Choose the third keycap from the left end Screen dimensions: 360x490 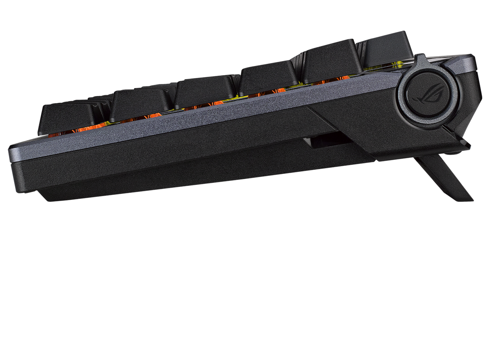coord(204,91)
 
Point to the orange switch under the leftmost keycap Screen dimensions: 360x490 coord(52,134)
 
